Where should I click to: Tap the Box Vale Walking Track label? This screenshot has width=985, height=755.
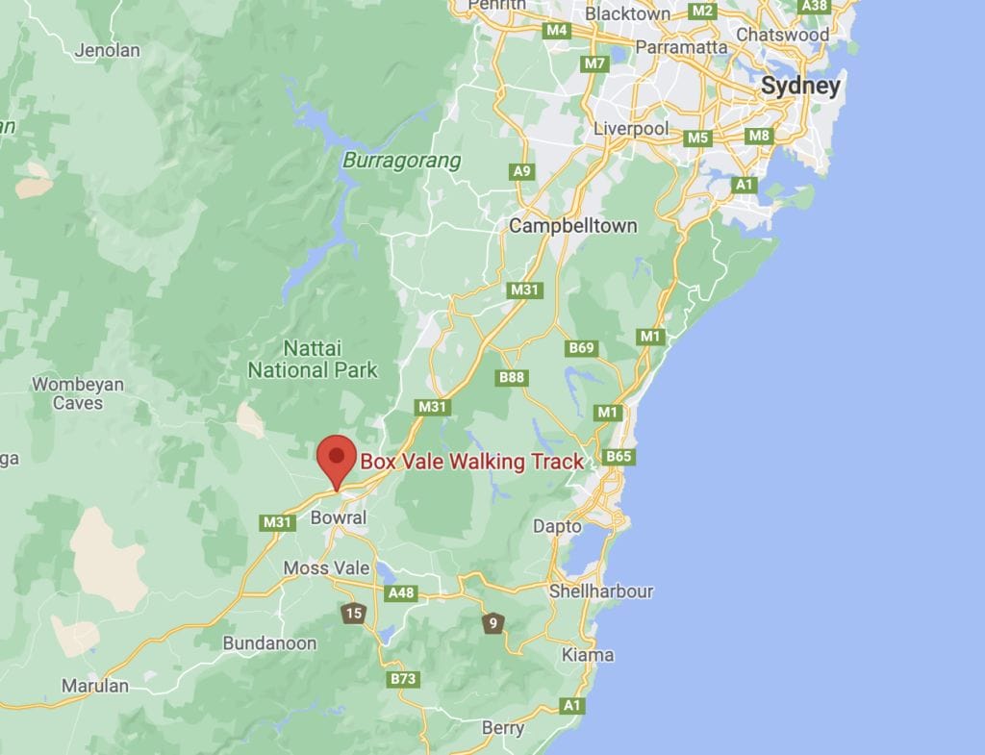pyautogui.click(x=471, y=462)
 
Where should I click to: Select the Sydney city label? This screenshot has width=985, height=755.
pyautogui.click(x=800, y=86)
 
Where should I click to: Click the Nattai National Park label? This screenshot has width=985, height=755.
pyautogui.click(x=313, y=358)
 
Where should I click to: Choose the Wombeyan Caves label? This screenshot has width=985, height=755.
pyautogui.click(x=78, y=393)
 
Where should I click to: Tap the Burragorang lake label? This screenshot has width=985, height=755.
pyautogui.click(x=402, y=161)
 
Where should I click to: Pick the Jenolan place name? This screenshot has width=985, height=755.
pyautogui.click(x=108, y=50)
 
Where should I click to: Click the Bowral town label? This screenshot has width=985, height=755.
pyautogui.click(x=339, y=517)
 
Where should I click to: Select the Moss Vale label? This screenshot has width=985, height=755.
pyautogui.click(x=326, y=568)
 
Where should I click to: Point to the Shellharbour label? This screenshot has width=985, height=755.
pyautogui.click(x=601, y=591)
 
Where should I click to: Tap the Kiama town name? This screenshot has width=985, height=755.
pyautogui.click(x=588, y=655)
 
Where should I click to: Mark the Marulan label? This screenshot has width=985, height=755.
pyautogui.click(x=94, y=686)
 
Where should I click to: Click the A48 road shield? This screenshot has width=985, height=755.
pyautogui.click(x=400, y=592)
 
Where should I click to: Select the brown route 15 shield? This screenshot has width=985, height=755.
pyautogui.click(x=354, y=614)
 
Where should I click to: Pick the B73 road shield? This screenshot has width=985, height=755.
pyautogui.click(x=403, y=679)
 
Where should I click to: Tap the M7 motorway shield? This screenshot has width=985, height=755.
pyautogui.click(x=595, y=63)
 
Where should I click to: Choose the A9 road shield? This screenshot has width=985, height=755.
pyautogui.click(x=521, y=171)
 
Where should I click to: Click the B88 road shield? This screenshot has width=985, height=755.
pyautogui.click(x=512, y=377)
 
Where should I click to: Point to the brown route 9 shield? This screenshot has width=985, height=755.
pyautogui.click(x=493, y=624)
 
